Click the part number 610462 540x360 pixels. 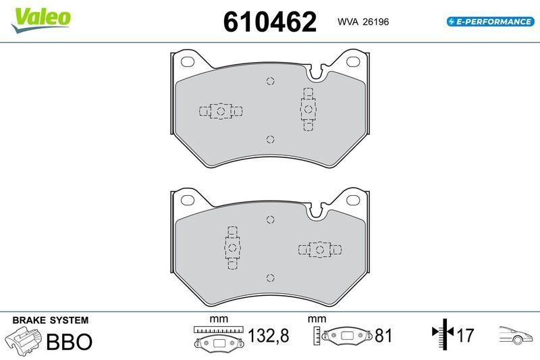click(270, 22)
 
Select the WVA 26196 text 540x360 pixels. click(363, 22)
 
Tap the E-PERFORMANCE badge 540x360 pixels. click(490, 22)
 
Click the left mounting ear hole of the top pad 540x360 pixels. click(187, 62)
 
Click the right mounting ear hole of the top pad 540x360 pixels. click(354, 62)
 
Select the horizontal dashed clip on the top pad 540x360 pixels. click(221, 111)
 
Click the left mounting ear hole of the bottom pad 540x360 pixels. click(187, 200)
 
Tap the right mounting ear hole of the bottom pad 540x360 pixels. click(354, 200)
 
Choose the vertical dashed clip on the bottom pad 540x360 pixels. click(232, 247)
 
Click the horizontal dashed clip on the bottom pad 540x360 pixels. click(319, 249)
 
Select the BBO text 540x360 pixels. click(68, 342)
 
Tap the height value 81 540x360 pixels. click(383, 336)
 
